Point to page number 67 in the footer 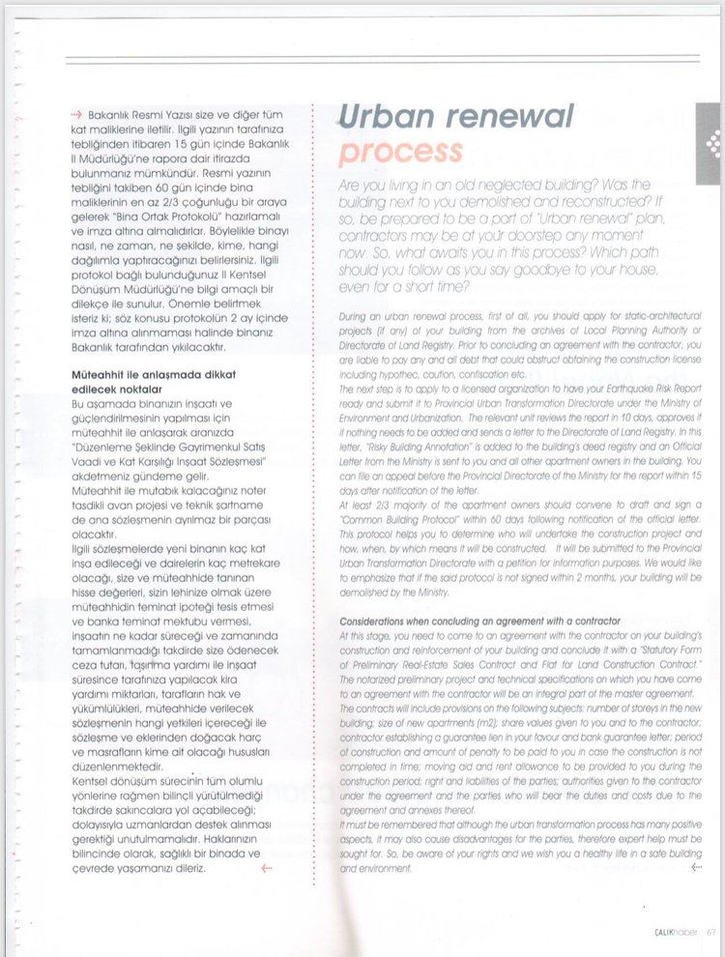coord(710,932)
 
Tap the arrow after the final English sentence coord(693,867)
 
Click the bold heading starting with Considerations coord(479,620)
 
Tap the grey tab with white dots coord(711,146)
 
